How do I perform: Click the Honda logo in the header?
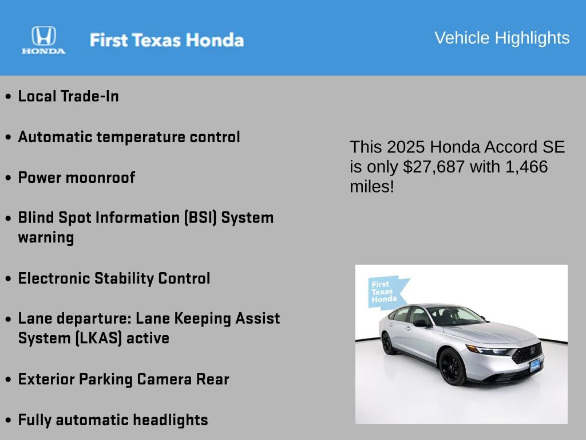(x=43, y=40)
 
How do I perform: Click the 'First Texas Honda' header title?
(x=167, y=40)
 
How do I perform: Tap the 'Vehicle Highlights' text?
(x=502, y=38)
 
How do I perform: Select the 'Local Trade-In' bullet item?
(x=69, y=96)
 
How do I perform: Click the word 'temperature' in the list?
(x=141, y=137)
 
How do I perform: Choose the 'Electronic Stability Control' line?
(x=114, y=278)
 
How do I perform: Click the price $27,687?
(x=434, y=167)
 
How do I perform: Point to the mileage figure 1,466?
(x=526, y=167)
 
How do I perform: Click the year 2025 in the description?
(x=406, y=147)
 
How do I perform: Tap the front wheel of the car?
(x=453, y=367)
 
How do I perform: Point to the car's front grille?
(x=527, y=353)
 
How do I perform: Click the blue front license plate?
(x=535, y=366)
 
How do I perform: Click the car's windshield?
(x=456, y=316)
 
